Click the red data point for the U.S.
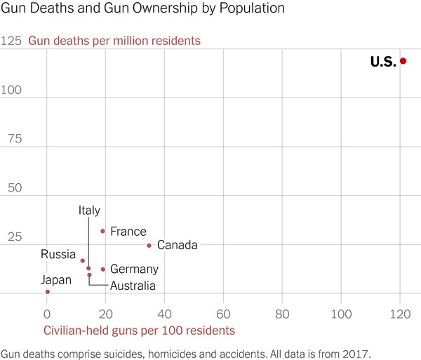(403, 62)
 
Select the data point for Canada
(149, 246)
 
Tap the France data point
(102, 231)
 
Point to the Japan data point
(47, 291)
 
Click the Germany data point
(102, 269)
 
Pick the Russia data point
(82, 260)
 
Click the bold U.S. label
(383, 62)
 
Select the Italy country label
(89, 211)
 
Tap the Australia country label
(133, 286)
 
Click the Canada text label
(177, 246)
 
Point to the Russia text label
(58, 254)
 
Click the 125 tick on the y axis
(11, 41)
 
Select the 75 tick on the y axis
(14, 139)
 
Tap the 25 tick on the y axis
(14, 237)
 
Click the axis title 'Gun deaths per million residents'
(114, 41)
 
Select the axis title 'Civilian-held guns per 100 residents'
(139, 330)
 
